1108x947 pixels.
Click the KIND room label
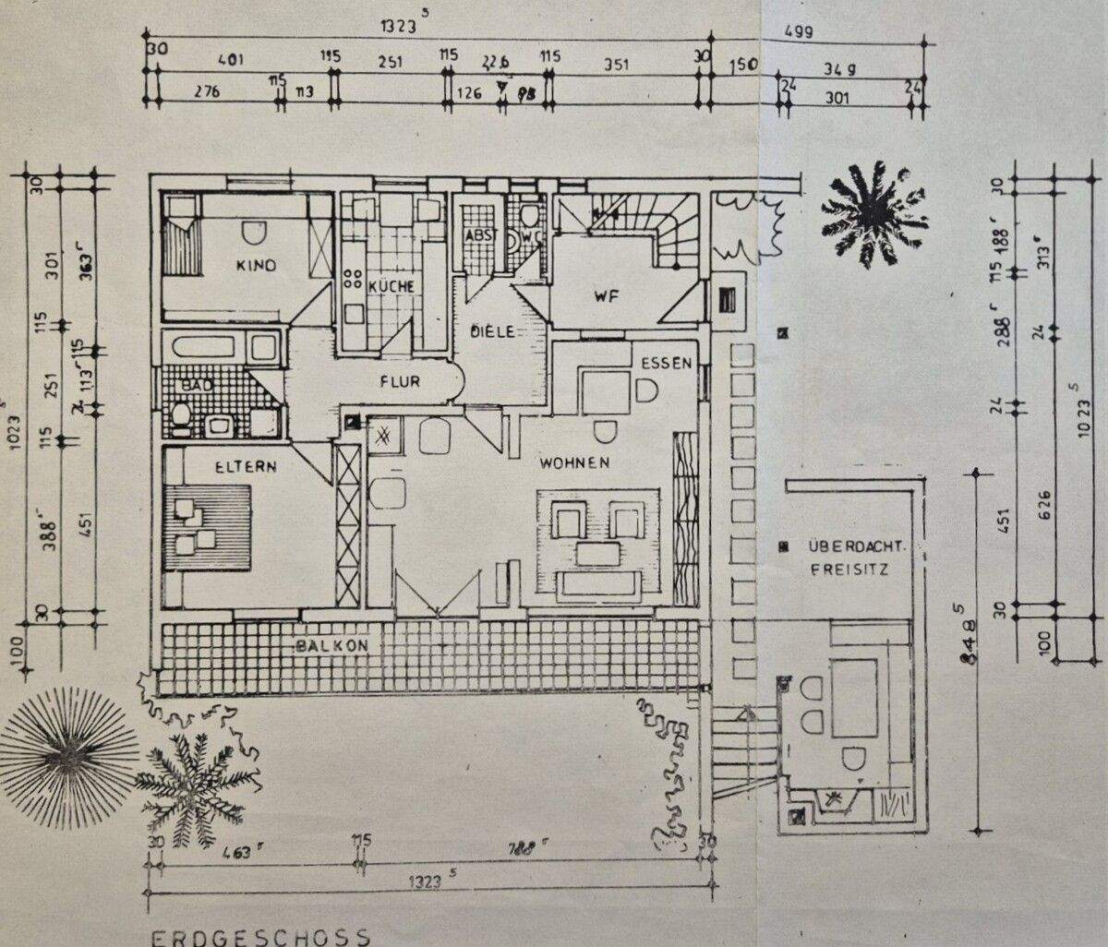click(256, 266)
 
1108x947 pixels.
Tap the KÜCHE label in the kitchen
click(391, 286)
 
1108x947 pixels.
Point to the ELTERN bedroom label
click(246, 467)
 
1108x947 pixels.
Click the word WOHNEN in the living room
click(574, 462)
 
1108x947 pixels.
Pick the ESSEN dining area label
click(667, 364)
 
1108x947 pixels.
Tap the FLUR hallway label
click(399, 380)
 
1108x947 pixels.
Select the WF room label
click(605, 297)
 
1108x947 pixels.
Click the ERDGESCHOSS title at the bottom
click(261, 937)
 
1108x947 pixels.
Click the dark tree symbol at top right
click(872, 213)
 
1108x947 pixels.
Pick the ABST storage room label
click(481, 235)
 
